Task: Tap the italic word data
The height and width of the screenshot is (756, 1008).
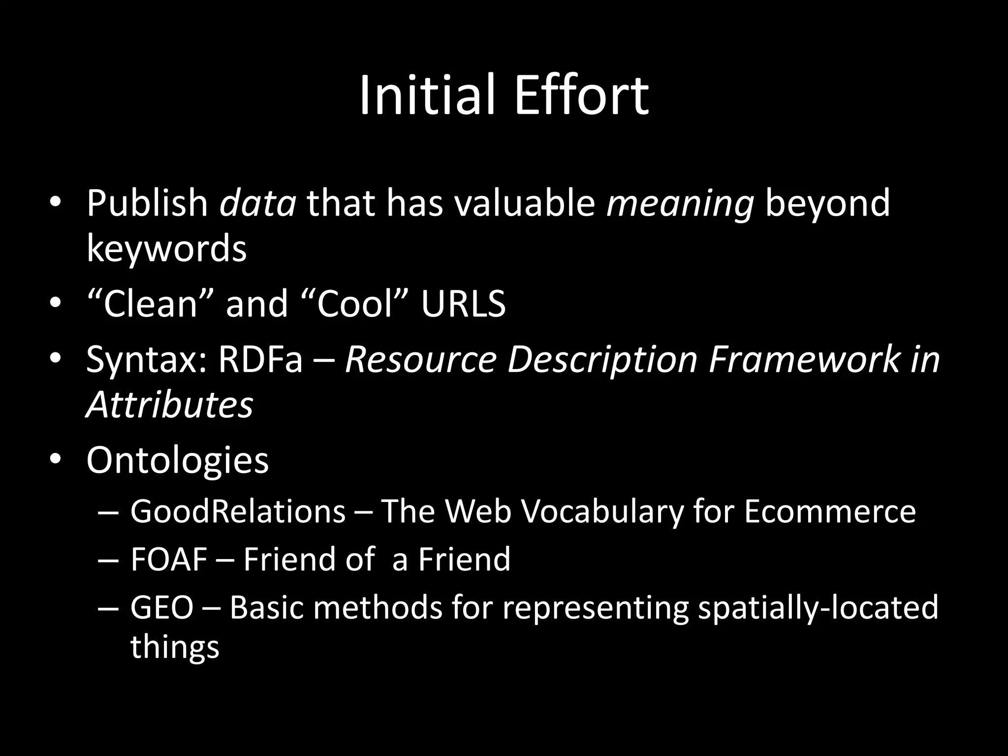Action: click(x=257, y=203)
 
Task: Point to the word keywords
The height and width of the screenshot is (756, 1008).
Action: click(x=166, y=249)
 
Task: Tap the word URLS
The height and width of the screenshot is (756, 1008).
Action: click(x=463, y=303)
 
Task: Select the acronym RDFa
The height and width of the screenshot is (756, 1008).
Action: click(x=260, y=359)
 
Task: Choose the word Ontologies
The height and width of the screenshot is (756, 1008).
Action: click(x=177, y=460)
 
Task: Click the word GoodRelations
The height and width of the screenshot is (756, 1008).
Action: click(x=238, y=511)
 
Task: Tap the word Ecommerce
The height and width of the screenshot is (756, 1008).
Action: click(x=829, y=511)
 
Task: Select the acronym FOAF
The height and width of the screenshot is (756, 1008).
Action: click(x=168, y=559)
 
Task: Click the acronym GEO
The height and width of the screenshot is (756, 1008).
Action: click(x=162, y=607)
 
